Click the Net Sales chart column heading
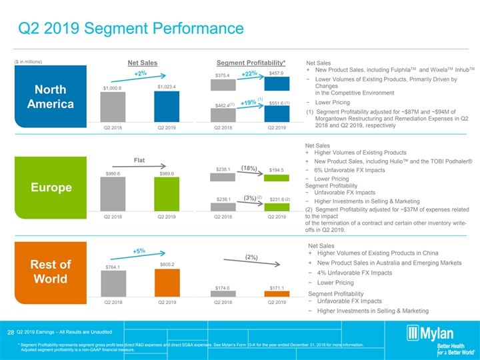coord(142,63)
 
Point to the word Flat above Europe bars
coord(140,160)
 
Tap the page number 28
coord(11,332)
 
